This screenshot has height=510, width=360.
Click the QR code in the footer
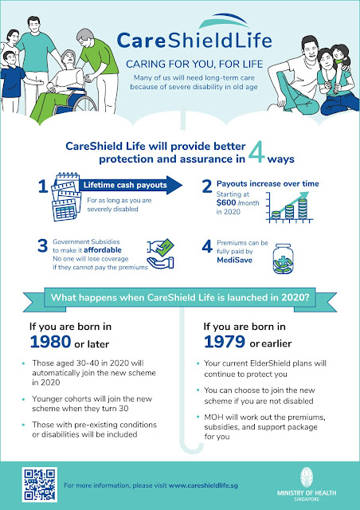35,482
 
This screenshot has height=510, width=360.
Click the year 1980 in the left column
52,343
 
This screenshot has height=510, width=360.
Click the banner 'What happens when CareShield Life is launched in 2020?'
180,300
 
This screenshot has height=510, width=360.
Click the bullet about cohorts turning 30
88,408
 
